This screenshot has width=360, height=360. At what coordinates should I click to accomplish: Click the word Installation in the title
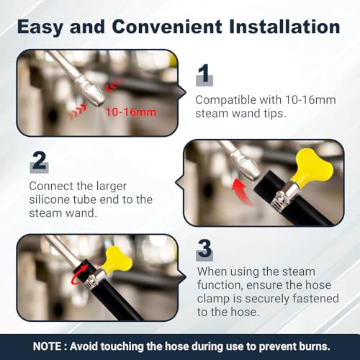pyautogui.click(x=284, y=27)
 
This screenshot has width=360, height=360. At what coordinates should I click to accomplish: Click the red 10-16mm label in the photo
pyautogui.click(x=130, y=112)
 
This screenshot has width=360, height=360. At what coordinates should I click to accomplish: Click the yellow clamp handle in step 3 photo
pyautogui.click(x=118, y=261)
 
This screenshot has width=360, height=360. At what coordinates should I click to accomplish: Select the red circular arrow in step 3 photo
pyautogui.click(x=79, y=275)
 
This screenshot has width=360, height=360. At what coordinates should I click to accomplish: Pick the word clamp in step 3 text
pyautogui.click(x=213, y=299)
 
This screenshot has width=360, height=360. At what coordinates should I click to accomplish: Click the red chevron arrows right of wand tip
pyautogui.click(x=114, y=84)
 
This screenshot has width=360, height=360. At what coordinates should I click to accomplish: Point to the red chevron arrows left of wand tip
pyautogui.click(x=77, y=111)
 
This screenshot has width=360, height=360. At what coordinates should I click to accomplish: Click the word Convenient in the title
pyautogui.click(x=166, y=27)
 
